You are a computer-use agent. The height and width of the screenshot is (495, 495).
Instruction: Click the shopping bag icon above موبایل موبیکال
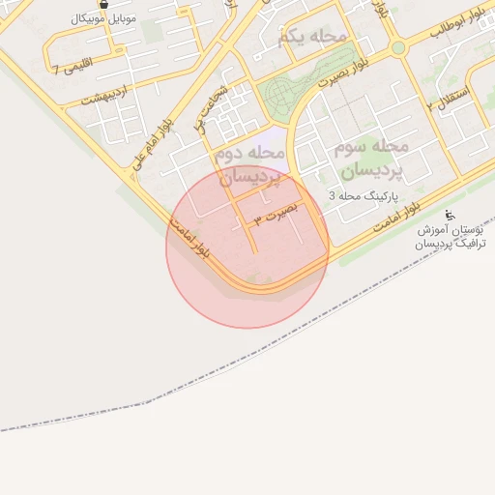coord(103,4)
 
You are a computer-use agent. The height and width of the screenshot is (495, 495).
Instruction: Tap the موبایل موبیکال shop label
coord(104,18)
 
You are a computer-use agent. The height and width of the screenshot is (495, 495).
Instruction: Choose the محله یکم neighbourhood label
coord(311,38)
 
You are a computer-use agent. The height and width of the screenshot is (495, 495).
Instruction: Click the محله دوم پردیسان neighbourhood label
coord(249,164)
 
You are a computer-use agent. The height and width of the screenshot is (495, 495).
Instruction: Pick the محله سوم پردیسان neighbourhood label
coord(371,158)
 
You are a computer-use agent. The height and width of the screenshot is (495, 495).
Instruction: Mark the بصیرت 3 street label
coord(277,214)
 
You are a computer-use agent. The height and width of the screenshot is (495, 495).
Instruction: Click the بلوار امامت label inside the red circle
coord(189,237)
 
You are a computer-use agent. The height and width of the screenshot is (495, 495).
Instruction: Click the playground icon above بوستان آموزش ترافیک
coord(449,215)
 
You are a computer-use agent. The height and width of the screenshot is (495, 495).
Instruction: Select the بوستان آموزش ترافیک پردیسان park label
coord(451,237)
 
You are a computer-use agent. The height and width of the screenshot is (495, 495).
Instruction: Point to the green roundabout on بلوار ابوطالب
coord(397,47)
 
